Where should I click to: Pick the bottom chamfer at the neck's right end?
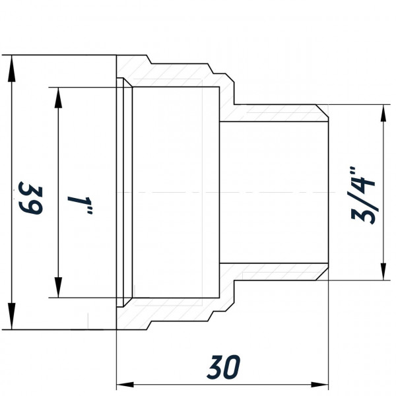click(x=323, y=275)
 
